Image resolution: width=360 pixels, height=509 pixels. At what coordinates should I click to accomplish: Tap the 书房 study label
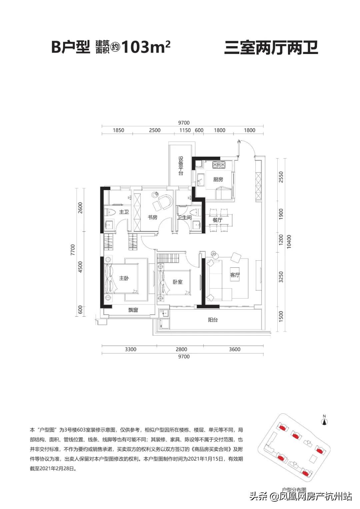152,217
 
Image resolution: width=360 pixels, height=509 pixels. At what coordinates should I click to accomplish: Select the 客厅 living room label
235,275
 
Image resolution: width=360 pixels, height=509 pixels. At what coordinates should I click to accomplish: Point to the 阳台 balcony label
213,320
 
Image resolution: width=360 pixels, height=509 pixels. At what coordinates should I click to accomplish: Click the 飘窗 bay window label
133,310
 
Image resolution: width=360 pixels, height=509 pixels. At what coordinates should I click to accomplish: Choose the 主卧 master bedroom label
124,278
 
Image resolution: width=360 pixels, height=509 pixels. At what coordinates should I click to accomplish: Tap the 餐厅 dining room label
217,220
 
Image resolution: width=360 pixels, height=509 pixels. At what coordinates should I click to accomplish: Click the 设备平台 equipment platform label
181,166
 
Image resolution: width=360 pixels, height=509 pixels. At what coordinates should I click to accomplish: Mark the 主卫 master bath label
124,212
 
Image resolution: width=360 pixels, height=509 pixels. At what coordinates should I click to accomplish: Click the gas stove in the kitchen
219,165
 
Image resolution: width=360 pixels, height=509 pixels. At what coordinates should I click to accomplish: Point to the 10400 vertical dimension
289,242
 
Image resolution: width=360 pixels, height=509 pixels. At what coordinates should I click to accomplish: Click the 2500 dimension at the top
155,130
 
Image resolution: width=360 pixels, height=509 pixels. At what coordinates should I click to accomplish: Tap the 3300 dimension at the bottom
130,349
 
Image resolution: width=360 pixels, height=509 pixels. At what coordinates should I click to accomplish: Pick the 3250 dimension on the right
281,277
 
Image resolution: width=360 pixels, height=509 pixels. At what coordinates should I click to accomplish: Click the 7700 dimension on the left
73,250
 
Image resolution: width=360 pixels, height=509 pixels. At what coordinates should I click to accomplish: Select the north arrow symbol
324,422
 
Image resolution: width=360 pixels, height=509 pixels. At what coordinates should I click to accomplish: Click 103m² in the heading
146,47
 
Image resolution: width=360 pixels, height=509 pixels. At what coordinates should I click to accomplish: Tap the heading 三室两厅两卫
271,47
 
